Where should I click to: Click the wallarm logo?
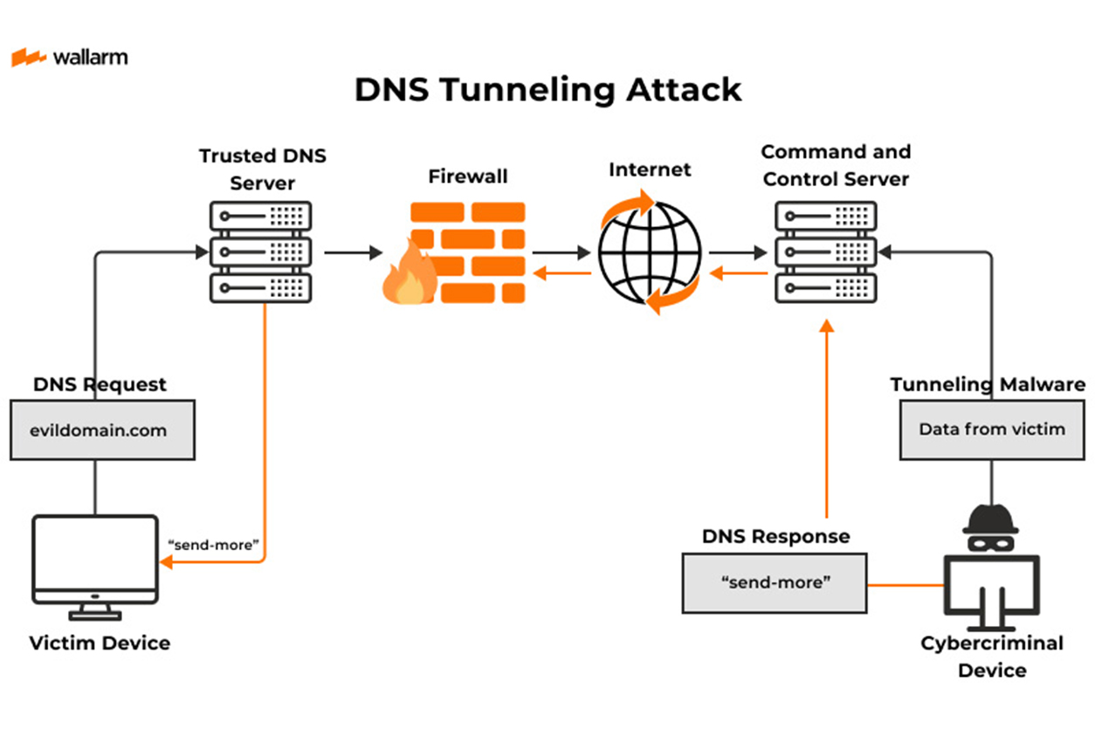(69, 58)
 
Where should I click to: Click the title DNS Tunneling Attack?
(547, 89)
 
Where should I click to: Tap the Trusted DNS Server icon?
(260, 251)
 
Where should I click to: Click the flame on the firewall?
(407, 275)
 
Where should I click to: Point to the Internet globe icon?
(650, 252)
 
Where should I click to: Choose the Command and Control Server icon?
(826, 251)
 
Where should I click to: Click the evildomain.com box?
(102, 430)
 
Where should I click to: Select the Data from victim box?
(991, 429)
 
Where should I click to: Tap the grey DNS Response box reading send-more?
(774, 582)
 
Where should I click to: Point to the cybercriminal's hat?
(990, 520)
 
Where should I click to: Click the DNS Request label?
(100, 384)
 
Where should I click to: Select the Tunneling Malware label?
(988, 384)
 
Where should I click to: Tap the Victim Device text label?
(100, 644)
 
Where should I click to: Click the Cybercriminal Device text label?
(992, 657)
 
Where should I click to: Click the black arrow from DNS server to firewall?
(353, 252)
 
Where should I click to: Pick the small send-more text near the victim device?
(214, 545)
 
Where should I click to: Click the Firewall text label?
(467, 177)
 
